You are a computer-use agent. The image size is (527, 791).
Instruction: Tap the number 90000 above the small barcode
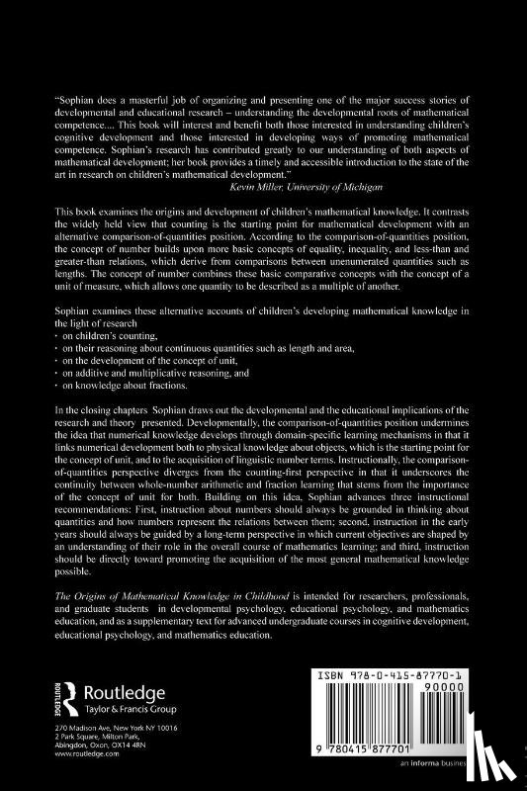[480, 683]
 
